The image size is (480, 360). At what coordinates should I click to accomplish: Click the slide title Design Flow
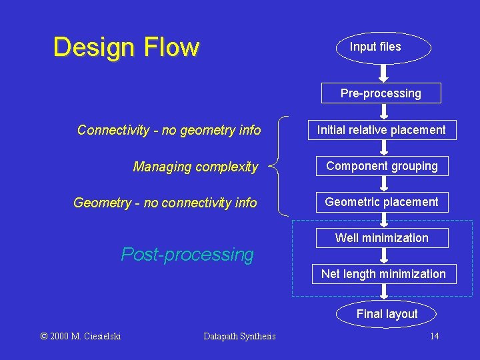126,47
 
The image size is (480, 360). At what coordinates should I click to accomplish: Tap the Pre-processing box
381,93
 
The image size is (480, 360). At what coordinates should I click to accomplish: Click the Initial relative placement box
381,130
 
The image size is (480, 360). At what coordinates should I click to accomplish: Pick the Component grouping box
381,166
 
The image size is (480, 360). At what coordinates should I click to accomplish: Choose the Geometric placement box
381,202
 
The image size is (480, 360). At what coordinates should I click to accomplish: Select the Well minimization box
381,238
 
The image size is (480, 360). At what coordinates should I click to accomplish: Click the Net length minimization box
383,274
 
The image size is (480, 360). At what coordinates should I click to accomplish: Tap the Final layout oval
387,314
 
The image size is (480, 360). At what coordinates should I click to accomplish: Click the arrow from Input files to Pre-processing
383,73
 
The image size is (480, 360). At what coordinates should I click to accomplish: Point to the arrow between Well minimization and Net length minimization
383,256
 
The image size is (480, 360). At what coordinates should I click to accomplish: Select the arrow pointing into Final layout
384,291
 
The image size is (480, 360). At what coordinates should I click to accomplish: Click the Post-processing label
187,255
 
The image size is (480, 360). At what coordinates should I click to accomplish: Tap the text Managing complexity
195,167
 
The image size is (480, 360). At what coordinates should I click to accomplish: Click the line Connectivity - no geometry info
169,130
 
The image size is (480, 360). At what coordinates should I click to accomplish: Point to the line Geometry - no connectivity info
165,203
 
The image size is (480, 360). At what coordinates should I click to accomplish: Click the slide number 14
434,336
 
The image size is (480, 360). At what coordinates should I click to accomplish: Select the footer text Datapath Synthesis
239,336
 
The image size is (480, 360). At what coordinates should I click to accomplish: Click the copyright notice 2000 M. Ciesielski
81,336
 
